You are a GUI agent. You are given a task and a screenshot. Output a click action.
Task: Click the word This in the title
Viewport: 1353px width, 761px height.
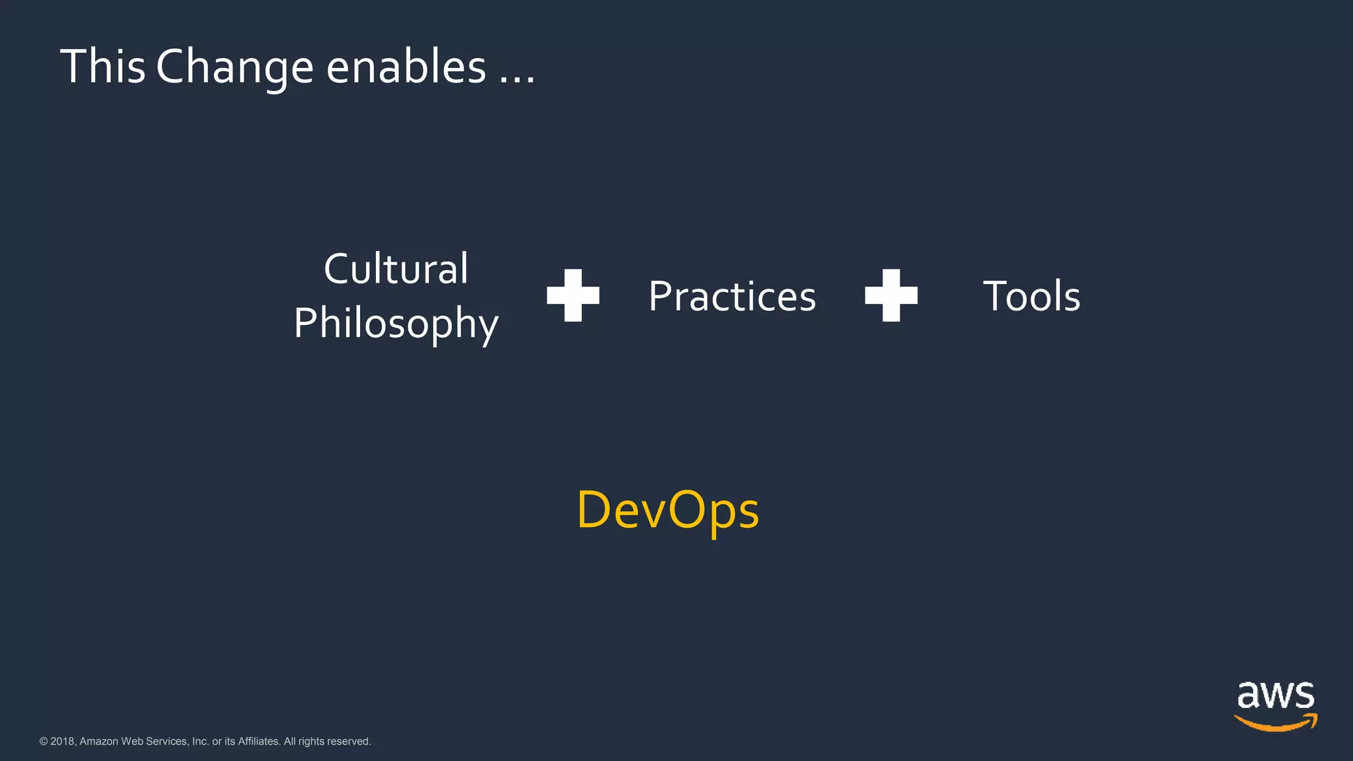[x=102, y=67]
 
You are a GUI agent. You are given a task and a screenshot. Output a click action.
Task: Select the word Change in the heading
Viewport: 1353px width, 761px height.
[x=234, y=68]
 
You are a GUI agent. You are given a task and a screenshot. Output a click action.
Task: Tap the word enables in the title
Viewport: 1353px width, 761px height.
[x=406, y=67]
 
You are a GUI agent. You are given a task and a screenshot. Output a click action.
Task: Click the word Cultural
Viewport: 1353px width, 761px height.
[x=396, y=269]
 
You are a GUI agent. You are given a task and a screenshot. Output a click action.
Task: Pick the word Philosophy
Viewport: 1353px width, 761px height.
[x=396, y=323]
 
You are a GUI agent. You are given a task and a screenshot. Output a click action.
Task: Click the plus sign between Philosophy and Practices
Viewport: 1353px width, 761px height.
[x=573, y=295]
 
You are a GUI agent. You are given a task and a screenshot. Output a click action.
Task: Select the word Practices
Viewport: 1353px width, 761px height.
[x=732, y=296]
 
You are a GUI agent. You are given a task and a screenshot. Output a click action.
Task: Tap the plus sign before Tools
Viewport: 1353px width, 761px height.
[x=891, y=295]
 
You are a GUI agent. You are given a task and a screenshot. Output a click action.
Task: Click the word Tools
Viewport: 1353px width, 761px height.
[x=1031, y=296]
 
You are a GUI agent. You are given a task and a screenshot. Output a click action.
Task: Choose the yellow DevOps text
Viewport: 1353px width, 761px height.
[x=667, y=511]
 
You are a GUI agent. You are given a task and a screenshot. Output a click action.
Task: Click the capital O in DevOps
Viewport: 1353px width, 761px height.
[x=684, y=509]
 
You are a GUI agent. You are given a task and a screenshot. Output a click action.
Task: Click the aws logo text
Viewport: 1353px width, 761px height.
[x=1275, y=696]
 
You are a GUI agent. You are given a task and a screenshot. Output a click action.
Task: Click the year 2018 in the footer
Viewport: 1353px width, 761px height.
[x=62, y=741]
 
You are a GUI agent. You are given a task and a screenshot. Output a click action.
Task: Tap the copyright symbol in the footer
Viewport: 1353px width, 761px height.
[x=44, y=741]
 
